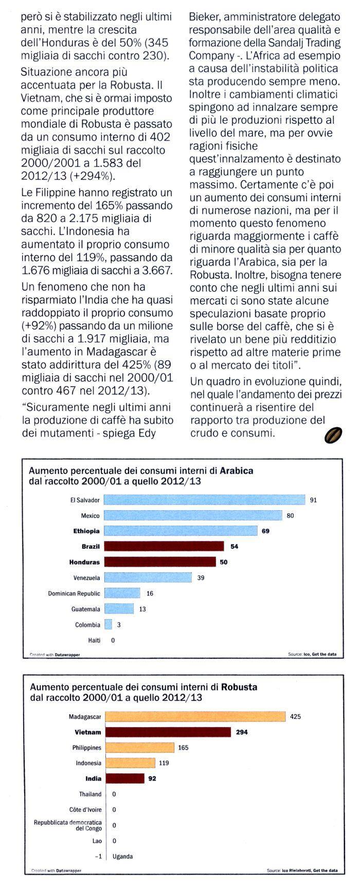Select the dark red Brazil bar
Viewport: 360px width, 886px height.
point(164,546)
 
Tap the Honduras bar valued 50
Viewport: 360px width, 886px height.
point(160,562)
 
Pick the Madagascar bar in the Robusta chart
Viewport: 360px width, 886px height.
point(195,716)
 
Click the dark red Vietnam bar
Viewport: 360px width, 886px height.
point(168,732)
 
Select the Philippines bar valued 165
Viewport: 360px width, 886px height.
point(140,748)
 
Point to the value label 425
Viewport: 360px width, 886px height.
point(295,716)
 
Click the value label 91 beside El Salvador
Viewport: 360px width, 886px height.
point(314,500)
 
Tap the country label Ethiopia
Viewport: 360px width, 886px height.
point(87,531)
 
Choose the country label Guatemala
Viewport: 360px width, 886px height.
point(86,609)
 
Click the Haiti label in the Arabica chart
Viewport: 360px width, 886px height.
point(94,641)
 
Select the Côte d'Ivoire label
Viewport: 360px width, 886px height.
point(85,810)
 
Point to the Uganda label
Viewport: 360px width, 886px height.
point(122,857)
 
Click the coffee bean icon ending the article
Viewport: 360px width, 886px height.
point(334,436)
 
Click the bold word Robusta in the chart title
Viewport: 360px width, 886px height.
point(240,687)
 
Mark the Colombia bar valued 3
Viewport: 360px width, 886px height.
point(109,625)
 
